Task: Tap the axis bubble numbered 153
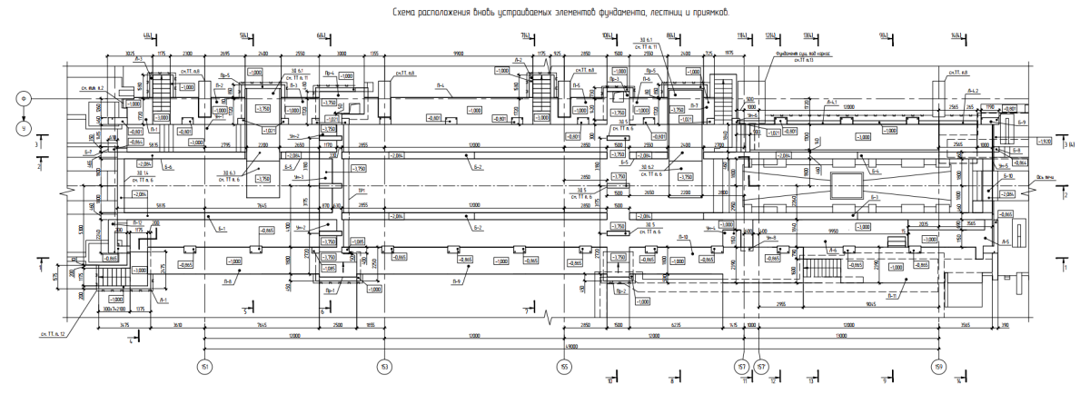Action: point(385,366)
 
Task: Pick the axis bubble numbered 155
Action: point(564,366)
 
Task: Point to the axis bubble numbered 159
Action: point(937,366)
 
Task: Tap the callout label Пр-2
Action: point(621,292)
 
